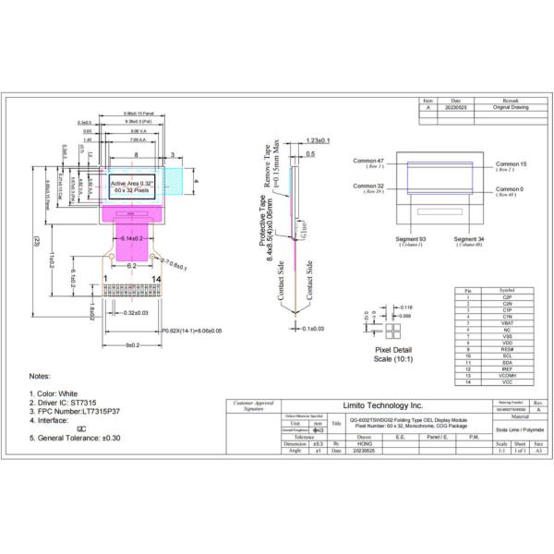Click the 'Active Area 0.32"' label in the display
click(x=132, y=185)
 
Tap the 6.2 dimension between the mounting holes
click(x=131, y=264)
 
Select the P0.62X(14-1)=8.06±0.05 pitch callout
click(x=191, y=330)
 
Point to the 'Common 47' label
click(x=368, y=161)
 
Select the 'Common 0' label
click(x=510, y=189)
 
